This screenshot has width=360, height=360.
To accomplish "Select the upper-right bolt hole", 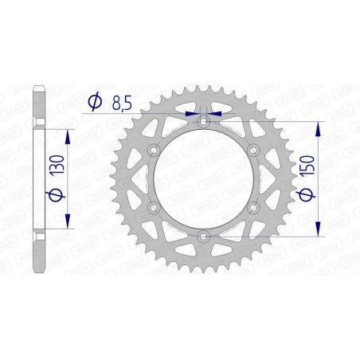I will coord(253,151).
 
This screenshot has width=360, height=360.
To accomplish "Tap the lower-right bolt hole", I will coord(253,208).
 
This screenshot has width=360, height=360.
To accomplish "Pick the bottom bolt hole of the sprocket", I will coord(204,237).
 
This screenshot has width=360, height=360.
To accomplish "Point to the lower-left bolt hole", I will coord(154,208).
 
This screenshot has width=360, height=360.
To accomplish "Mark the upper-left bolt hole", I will coord(154,151).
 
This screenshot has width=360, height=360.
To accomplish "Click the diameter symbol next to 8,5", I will coord(94,102).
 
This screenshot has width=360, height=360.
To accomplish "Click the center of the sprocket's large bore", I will coord(204,179).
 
